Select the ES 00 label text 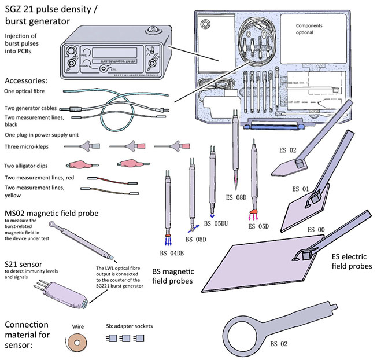coord(317,230)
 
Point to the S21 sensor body coord(64,292)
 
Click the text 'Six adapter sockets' coord(130,326)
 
